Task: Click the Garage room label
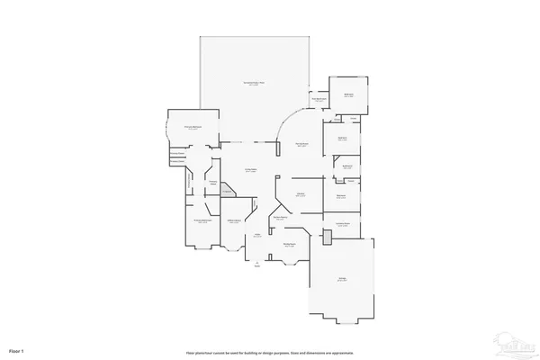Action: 342,279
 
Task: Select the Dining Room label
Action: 290,245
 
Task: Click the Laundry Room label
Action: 342,223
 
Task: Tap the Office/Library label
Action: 233,221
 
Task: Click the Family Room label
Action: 303,145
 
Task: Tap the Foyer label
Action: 256,236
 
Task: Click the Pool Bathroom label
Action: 318,99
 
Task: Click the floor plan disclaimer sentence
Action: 269,348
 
